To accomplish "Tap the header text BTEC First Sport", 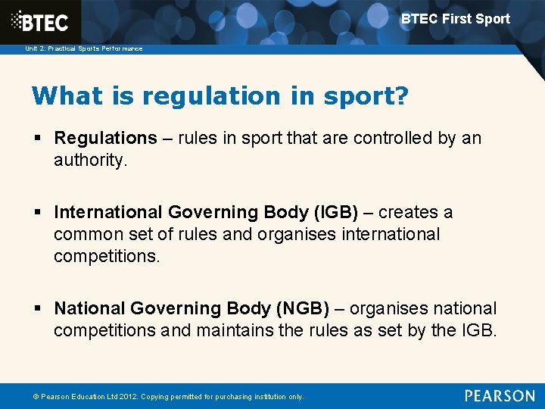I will click(x=455, y=19).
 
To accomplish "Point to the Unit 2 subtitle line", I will click(x=83, y=48).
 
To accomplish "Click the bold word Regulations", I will click(x=105, y=138).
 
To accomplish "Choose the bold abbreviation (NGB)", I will click(x=302, y=308).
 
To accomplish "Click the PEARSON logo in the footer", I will click(x=499, y=396).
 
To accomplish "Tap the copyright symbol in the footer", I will click(x=35, y=397).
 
